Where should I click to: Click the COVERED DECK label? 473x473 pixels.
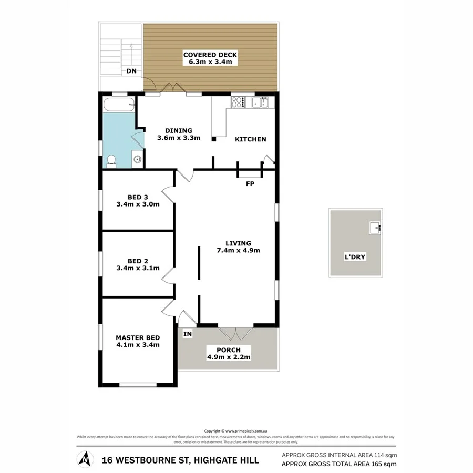click(x=210, y=54)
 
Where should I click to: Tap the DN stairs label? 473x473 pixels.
click(x=130, y=73)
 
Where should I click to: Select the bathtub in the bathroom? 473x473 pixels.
click(x=119, y=105)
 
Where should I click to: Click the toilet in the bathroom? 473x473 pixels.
click(x=111, y=160)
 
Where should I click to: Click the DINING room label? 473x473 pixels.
click(x=179, y=131)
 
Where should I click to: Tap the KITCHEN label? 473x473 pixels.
click(x=250, y=139)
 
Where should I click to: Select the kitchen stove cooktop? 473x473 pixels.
click(x=238, y=102)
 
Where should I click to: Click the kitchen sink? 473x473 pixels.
click(x=260, y=102)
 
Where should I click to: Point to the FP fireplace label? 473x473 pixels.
click(x=250, y=184)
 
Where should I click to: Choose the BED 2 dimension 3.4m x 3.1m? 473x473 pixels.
click(x=137, y=268)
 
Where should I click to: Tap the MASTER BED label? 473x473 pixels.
click(x=138, y=337)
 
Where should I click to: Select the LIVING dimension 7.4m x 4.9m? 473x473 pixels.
click(x=239, y=250)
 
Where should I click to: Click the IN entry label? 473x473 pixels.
click(x=187, y=333)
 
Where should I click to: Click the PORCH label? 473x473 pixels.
click(x=228, y=350)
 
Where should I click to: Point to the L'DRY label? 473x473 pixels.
click(x=355, y=258)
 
